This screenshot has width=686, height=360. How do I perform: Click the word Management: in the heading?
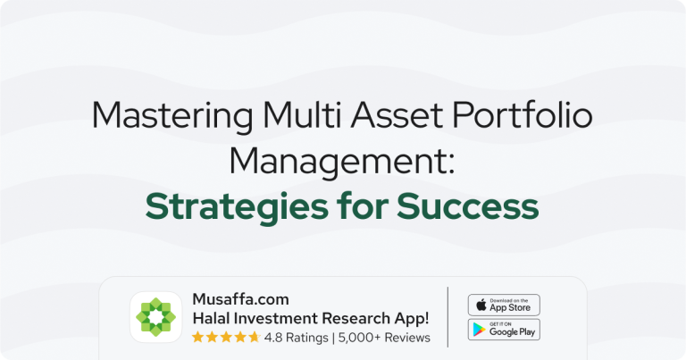click(342, 162)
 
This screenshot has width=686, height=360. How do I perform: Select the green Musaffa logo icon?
click(156, 317)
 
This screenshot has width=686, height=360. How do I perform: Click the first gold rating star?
click(197, 338)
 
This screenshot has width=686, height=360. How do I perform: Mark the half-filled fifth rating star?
click(255, 338)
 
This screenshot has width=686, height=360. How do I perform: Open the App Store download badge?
click(504, 305)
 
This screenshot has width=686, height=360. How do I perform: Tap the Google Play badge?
click(504, 330)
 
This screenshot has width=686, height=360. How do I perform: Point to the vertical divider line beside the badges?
click(448, 317)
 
